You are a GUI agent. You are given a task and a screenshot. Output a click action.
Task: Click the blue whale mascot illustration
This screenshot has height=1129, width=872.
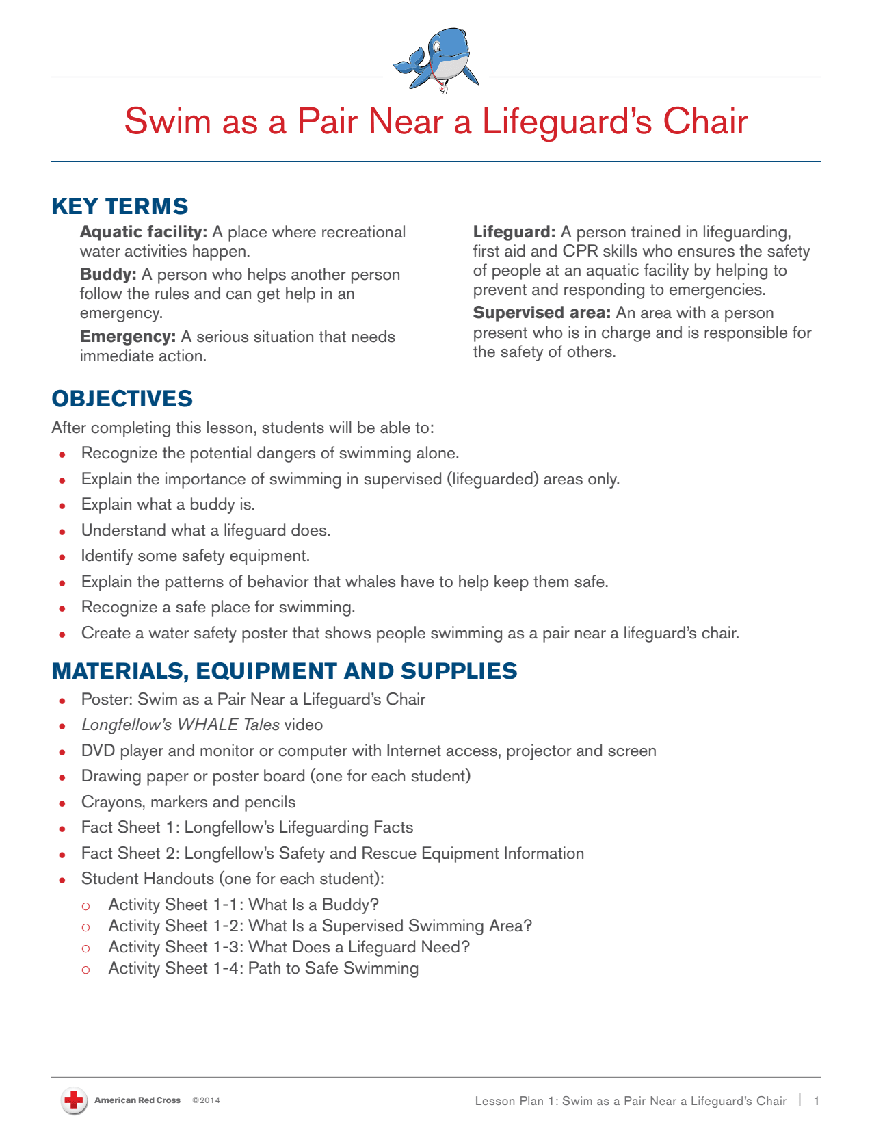click(x=436, y=60)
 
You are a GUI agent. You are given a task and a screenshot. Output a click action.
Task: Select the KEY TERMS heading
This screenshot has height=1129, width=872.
click(x=120, y=206)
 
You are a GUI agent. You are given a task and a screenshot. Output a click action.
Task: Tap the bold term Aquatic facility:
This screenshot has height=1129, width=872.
click(x=144, y=232)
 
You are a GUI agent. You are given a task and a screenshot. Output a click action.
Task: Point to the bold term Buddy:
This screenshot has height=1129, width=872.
click(x=108, y=274)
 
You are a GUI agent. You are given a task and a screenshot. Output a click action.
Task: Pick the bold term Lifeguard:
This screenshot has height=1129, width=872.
click(x=514, y=232)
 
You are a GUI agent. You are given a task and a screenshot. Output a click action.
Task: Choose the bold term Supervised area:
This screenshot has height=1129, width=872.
click(x=542, y=313)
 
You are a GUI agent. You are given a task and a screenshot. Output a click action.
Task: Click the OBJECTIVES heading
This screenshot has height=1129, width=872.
click(x=122, y=398)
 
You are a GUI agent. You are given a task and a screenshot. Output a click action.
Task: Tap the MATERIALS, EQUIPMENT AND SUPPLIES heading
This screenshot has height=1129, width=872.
click(x=285, y=671)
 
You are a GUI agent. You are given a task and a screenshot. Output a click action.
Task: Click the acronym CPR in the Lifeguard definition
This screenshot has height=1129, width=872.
click(x=580, y=251)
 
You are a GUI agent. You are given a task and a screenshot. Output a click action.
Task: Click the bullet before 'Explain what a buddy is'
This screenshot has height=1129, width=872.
click(x=62, y=506)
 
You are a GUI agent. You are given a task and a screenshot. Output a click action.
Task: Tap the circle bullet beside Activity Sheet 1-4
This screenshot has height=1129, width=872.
click(x=85, y=970)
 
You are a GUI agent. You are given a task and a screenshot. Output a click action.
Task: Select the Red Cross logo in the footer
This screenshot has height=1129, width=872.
click(x=73, y=1100)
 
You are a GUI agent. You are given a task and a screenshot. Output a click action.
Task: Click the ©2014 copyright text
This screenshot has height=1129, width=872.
click(x=206, y=1100)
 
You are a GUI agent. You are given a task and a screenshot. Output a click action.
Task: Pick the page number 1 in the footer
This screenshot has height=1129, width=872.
click(x=816, y=1101)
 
